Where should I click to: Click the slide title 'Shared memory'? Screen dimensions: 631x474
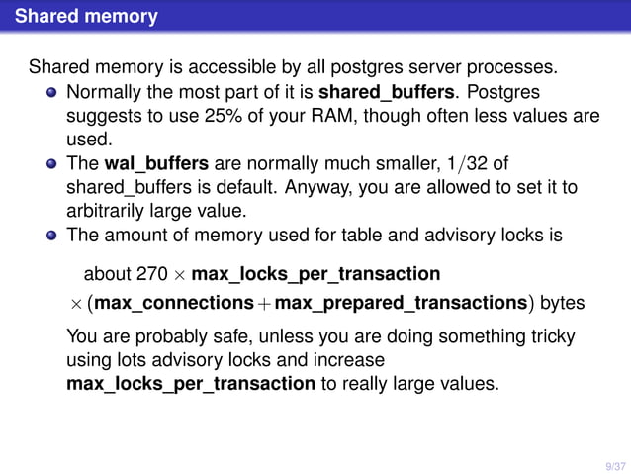(86, 17)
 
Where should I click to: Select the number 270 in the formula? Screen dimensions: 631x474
(164, 272)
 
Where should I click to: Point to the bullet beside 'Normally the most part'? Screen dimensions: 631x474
(51, 93)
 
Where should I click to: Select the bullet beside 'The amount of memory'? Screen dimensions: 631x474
(51, 237)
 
